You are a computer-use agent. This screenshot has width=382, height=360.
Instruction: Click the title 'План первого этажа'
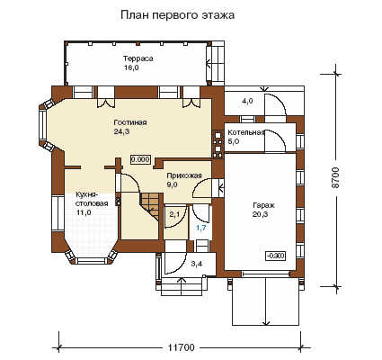[177, 15]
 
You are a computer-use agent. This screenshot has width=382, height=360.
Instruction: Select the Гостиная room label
[130, 122]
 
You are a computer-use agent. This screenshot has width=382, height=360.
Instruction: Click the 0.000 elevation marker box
[140, 159]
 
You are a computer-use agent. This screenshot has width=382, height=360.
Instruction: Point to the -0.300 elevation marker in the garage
[276, 256]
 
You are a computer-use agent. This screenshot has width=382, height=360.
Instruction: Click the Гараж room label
[264, 205]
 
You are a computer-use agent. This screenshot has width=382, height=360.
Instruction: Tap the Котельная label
[246, 132]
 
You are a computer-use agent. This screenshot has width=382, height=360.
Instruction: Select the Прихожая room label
[184, 175]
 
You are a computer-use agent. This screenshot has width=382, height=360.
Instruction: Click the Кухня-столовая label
[92, 199]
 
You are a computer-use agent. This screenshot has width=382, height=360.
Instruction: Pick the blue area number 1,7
[201, 228]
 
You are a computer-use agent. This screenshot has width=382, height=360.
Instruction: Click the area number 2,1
[174, 214]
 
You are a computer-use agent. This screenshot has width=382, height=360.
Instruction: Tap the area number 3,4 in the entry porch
[197, 264]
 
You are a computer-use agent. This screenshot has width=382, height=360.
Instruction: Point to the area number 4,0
[247, 101]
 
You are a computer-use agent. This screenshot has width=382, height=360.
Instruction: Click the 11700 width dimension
[181, 347]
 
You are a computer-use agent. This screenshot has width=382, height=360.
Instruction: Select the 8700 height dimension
[336, 177]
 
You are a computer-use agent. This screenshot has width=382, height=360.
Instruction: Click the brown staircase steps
[151, 204]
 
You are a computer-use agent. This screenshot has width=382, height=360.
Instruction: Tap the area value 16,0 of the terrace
[131, 67]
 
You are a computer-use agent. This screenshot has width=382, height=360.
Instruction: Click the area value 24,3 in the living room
[121, 131]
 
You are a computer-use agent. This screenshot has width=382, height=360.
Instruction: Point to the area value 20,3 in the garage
[261, 214]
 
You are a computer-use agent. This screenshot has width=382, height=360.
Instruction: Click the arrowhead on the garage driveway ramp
[265, 323]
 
